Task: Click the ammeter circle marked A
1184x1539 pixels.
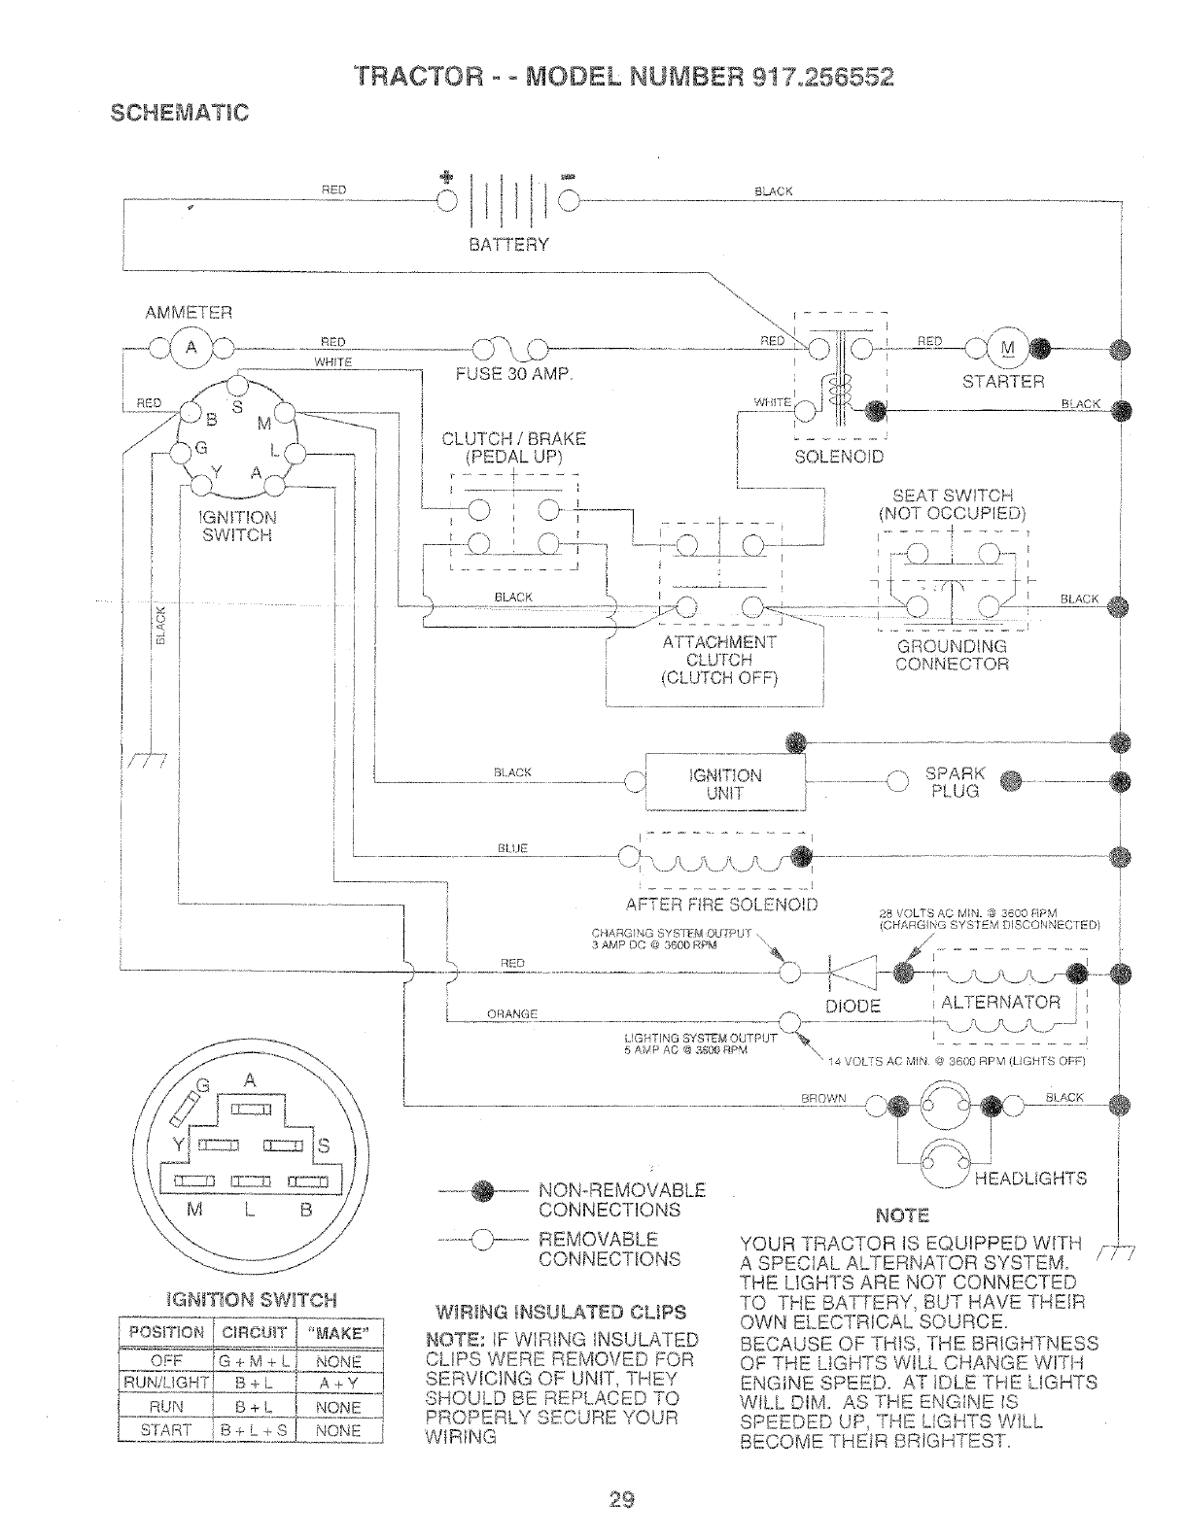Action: tap(192, 349)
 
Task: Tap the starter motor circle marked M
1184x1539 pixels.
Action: tap(1006, 348)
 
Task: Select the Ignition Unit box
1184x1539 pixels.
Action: tap(725, 783)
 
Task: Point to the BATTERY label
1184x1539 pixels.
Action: tap(509, 244)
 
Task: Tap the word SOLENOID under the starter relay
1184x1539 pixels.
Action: tap(840, 457)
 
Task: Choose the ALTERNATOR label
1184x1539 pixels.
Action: tap(1001, 1002)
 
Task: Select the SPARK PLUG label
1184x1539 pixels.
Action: tap(955, 782)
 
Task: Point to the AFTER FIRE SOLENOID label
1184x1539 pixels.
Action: tap(722, 906)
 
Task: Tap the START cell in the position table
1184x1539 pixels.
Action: tap(165, 1430)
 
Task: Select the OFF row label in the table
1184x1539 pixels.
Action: tap(165, 1360)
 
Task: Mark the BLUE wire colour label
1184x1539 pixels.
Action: tap(512, 848)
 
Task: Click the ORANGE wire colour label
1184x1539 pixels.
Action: tap(512, 1014)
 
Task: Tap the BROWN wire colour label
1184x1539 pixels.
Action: tap(823, 1098)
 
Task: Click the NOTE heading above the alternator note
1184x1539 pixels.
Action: tap(902, 1216)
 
